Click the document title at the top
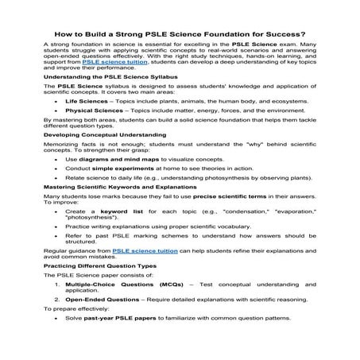pos(180,34)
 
